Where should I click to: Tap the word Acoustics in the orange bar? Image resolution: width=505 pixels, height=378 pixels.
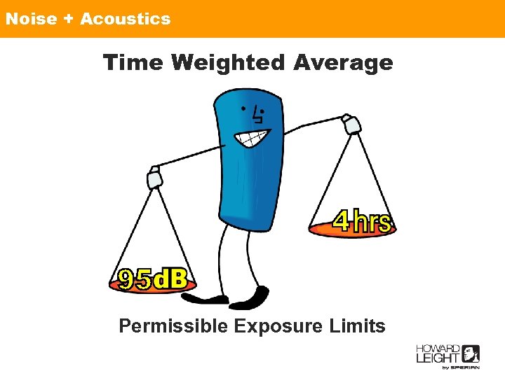pos(125,19)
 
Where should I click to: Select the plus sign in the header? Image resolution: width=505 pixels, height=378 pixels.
pos(68,19)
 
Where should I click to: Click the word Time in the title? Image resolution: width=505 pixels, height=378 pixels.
pos(133,63)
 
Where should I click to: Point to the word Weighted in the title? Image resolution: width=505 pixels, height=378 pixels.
pos(228,63)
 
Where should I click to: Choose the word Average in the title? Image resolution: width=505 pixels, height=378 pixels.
pos(343,63)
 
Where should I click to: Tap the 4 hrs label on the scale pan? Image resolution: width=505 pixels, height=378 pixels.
pos(362,222)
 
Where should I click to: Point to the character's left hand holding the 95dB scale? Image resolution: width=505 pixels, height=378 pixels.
pos(154,178)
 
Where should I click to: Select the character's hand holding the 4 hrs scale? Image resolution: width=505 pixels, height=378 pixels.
pos(351,125)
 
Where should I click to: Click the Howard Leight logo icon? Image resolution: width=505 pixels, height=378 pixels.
pos(471,353)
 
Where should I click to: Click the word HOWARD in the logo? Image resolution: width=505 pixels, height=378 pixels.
pos(437,349)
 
